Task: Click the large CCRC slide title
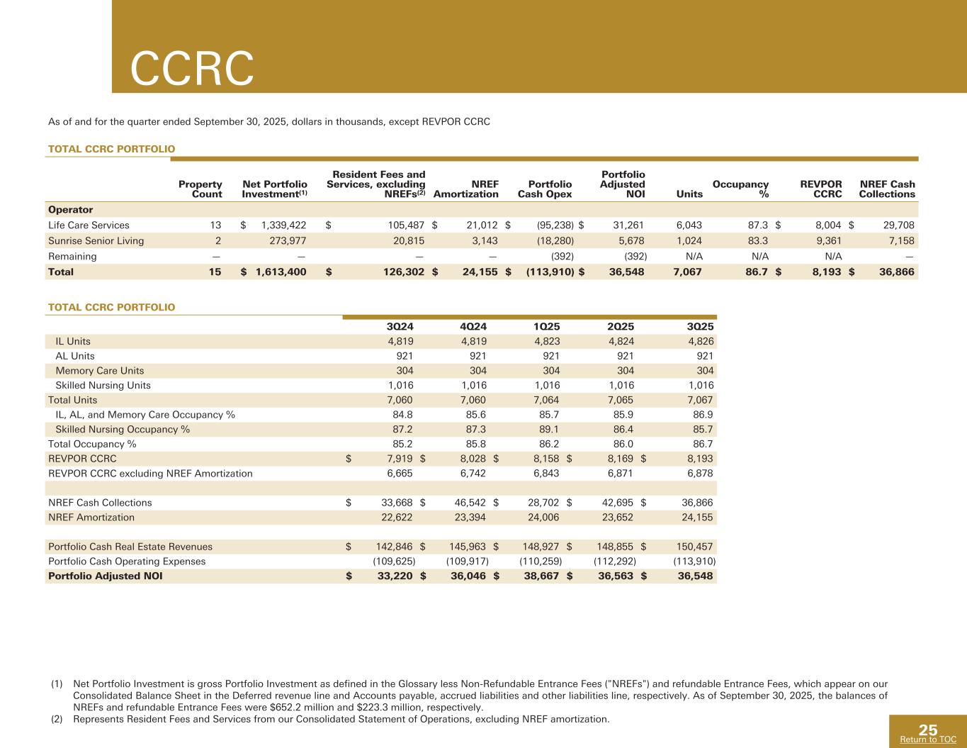coord(192,69)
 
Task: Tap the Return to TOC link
coord(927,739)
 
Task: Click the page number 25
coord(928,730)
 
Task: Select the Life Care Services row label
coord(89,225)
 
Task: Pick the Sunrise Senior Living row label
coord(96,241)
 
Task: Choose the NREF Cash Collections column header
coord(887,189)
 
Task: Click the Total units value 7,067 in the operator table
coord(688,272)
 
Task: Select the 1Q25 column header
coord(546,326)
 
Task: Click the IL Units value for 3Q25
coord(700,342)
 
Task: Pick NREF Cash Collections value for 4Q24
coord(471,503)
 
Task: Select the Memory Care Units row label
coord(99,371)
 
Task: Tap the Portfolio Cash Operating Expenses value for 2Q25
coord(614,562)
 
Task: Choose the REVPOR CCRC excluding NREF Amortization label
coord(150,474)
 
